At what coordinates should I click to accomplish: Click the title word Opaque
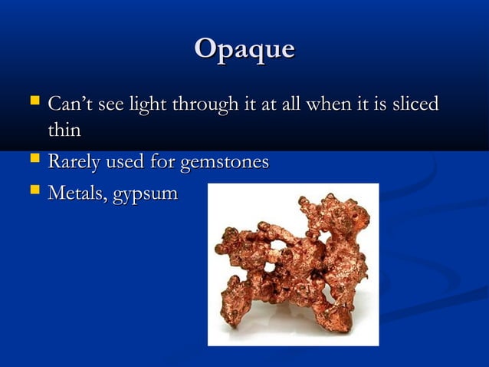(x=244, y=49)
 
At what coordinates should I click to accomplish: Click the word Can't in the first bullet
(x=66, y=103)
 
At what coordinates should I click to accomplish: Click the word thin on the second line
(x=64, y=131)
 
